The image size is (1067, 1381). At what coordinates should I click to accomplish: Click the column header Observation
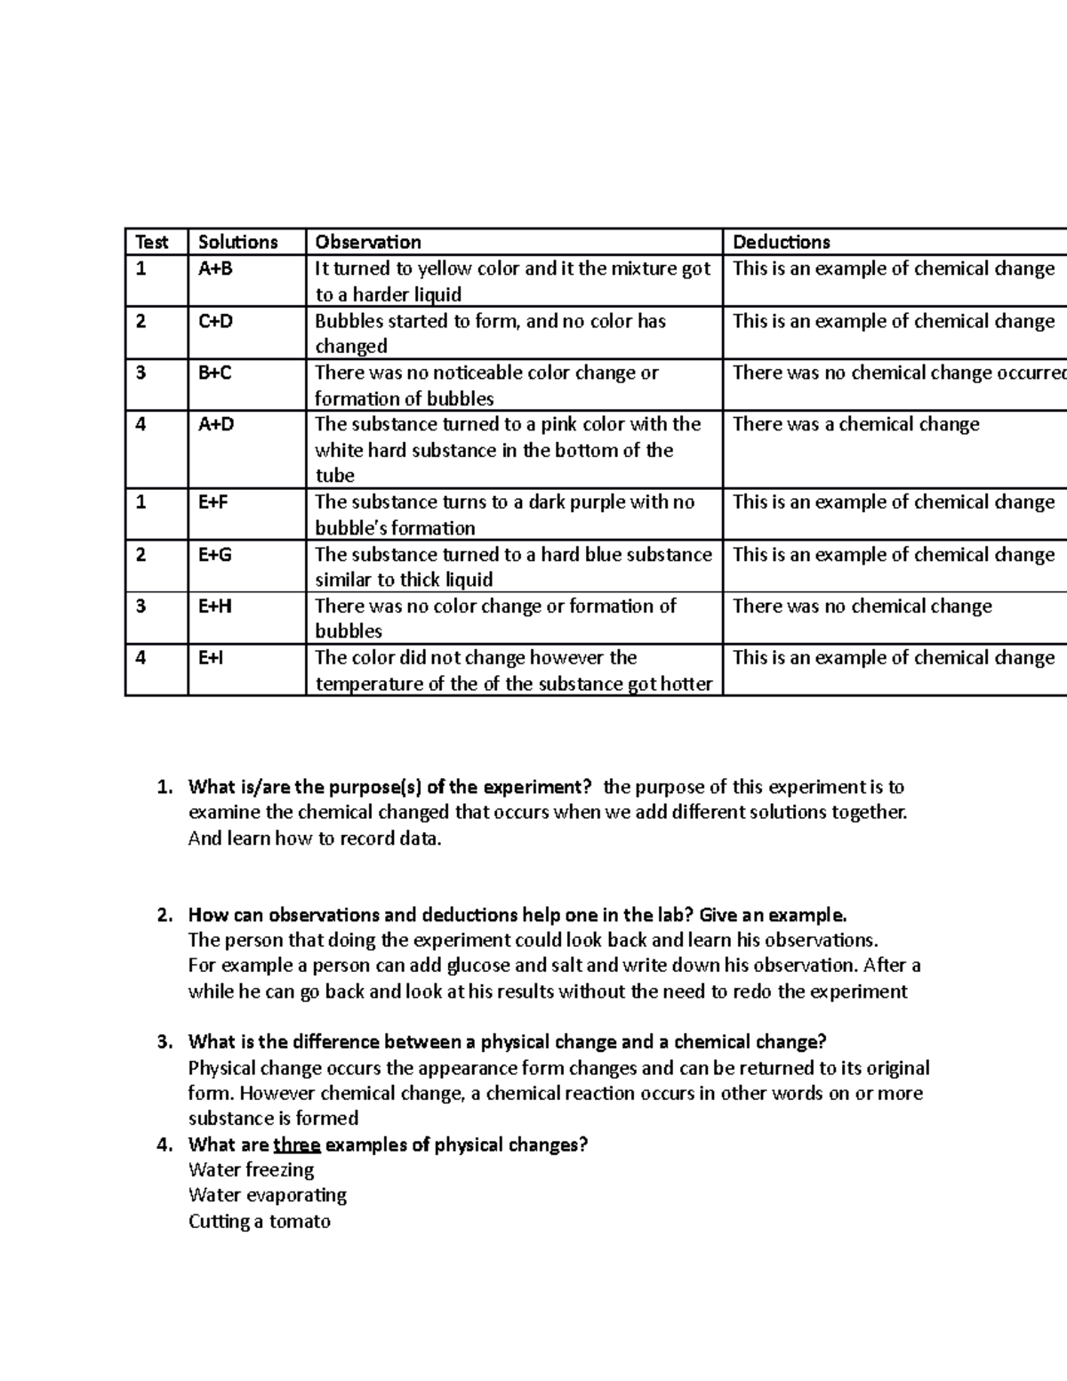368,242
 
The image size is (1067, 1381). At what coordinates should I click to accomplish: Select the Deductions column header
781,242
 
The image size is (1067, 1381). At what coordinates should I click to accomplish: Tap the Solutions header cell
237,242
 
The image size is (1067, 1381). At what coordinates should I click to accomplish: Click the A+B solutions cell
215,269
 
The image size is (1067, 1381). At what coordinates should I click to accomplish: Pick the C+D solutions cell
215,321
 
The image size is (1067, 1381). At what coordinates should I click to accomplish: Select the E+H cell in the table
215,606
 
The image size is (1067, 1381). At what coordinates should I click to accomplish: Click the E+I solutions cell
211,658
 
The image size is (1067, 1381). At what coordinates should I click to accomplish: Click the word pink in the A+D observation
559,424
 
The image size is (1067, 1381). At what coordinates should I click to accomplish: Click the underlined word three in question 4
296,1145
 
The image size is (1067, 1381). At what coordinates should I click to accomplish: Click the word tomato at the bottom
300,1222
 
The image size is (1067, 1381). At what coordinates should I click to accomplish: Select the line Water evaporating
268,1195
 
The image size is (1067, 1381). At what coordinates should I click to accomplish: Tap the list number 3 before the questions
164,1042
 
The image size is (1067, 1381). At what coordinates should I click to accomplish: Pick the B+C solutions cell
214,373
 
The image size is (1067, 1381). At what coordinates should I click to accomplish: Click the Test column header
151,242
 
